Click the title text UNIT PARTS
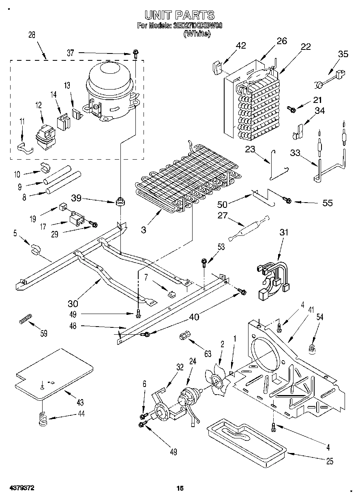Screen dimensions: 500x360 pos(180,15)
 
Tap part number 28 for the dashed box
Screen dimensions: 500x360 pos(32,35)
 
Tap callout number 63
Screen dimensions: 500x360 pos(208,354)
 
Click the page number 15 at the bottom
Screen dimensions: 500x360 pos(180,489)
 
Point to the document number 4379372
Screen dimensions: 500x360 pos(21,489)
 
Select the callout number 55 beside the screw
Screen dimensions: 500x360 pos(327,203)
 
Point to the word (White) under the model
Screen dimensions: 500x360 pos(197,34)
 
